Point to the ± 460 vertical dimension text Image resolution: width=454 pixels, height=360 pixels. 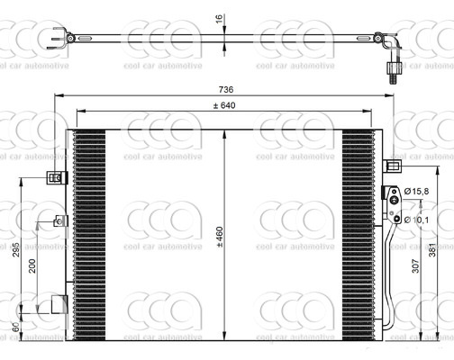click(219, 233)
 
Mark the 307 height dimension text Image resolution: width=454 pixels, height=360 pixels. click(415, 266)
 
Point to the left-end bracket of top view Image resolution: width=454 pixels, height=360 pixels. click(64, 39)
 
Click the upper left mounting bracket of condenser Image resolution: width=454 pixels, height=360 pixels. click(57, 176)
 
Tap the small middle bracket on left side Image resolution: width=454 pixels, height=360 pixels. click(60, 220)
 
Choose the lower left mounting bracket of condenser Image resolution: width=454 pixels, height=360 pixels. click(60, 304)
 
